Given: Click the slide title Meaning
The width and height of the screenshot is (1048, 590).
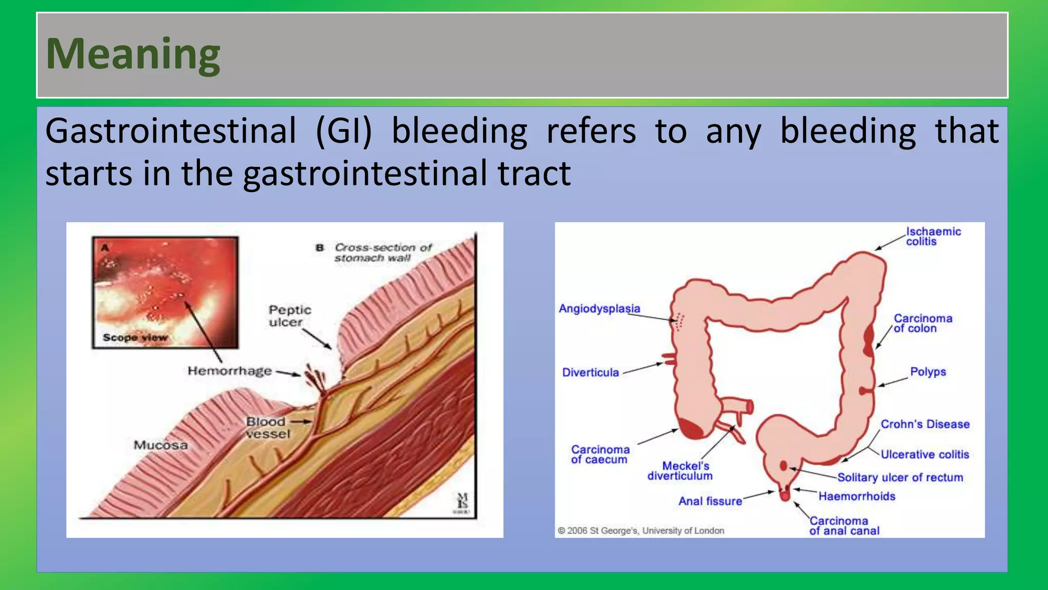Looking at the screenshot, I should click(x=133, y=54).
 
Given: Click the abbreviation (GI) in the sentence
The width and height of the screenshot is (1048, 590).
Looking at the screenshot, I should click(x=344, y=131).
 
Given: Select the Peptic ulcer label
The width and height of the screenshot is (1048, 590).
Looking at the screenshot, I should click(x=290, y=316).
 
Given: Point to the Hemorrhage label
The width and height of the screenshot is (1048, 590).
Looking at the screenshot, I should click(x=229, y=371).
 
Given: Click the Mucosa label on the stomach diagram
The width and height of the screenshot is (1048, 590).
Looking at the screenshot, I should click(x=161, y=445).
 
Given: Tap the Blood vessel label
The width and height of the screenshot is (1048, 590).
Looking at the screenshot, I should click(x=267, y=428).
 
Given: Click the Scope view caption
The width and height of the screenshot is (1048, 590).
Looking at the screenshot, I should click(x=135, y=338).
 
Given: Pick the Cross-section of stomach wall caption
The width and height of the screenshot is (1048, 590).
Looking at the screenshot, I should click(x=382, y=252).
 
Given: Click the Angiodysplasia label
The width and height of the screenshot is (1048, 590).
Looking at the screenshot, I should click(x=599, y=309).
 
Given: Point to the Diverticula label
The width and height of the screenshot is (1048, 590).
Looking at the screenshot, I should click(x=591, y=373).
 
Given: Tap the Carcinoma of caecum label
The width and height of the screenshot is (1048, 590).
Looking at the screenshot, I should click(x=600, y=454).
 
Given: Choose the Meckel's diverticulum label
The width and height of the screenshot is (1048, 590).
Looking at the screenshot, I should click(x=681, y=471).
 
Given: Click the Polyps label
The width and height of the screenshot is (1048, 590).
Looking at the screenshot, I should click(x=928, y=372).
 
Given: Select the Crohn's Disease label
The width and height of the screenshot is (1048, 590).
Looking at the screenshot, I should click(x=925, y=424).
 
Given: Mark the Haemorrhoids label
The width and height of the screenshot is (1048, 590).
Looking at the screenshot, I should click(x=857, y=496).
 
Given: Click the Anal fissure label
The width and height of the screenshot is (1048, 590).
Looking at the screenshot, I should click(x=710, y=501).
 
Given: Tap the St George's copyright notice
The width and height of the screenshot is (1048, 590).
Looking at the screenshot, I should click(x=641, y=531).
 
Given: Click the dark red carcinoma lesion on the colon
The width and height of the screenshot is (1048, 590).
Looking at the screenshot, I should click(x=868, y=340).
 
